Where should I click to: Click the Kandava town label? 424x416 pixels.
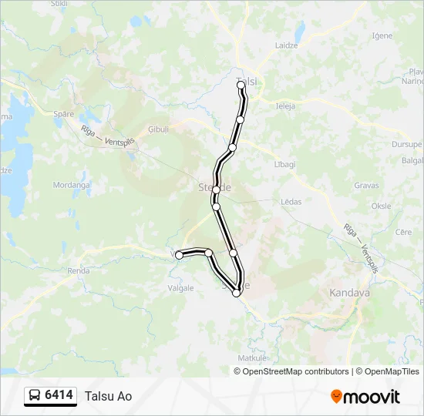coord(350,293)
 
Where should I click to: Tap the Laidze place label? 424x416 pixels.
coord(288,45)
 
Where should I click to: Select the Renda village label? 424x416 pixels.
coord(79,271)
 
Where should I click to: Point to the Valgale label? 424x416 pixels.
coord(180,288)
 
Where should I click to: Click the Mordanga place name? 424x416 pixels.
coord(71,185)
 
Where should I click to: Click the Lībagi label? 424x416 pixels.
coord(285,164)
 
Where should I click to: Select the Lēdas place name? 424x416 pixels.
coord(291,202)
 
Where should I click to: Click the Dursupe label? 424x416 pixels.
coord(406,144)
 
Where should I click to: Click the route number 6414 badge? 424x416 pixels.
coord(59,396)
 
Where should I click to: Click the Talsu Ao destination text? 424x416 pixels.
coord(109,397)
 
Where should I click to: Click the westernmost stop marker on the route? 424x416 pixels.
coord(179,255)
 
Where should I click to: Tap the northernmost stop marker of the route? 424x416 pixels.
coord(241,84)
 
